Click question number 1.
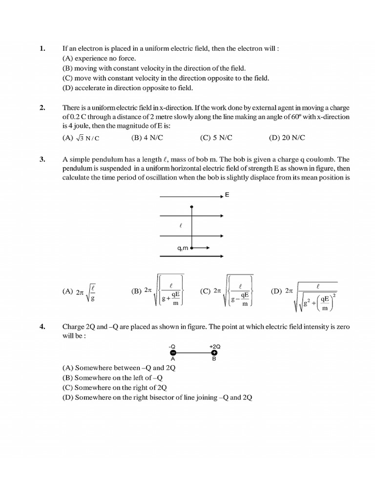click(x=42, y=48)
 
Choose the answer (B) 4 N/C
click(x=147, y=138)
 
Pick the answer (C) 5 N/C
click(x=216, y=138)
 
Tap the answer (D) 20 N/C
click(x=287, y=138)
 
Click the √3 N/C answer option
click(x=81, y=138)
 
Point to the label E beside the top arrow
click(x=228, y=195)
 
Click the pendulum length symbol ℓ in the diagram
click(x=181, y=226)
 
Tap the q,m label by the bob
click(x=183, y=248)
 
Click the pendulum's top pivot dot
click(x=192, y=207)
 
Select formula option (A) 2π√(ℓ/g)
click(x=79, y=292)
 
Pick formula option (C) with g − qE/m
click(x=227, y=292)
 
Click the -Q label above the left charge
click(x=172, y=345)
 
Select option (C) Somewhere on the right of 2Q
click(x=115, y=387)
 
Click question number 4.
click(x=42, y=326)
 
